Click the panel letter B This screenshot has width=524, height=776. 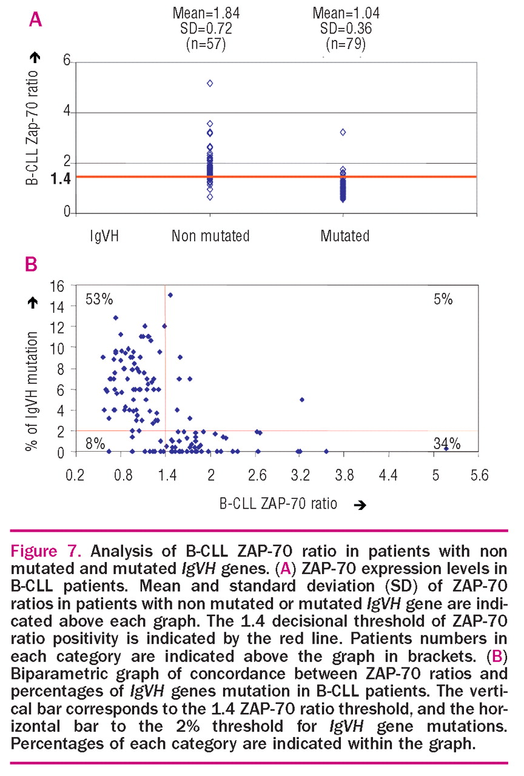(x=30, y=264)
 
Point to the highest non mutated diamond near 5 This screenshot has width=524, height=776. (x=210, y=83)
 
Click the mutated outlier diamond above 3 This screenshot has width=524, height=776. (x=343, y=132)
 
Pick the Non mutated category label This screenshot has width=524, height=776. (x=210, y=235)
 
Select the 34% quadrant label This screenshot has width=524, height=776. (x=447, y=444)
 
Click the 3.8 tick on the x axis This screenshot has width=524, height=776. (x=344, y=476)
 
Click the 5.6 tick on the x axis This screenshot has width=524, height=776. (x=479, y=476)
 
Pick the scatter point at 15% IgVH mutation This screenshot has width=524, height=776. (x=170, y=295)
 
